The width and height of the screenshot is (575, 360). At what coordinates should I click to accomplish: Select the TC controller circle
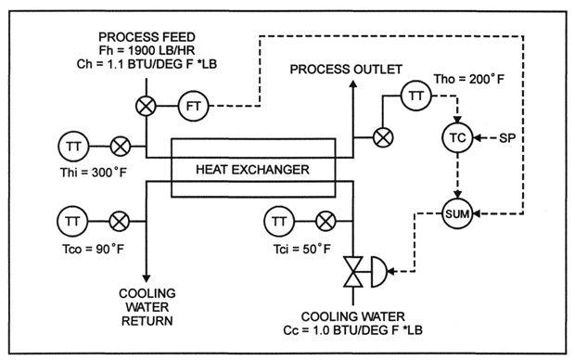tap(455, 137)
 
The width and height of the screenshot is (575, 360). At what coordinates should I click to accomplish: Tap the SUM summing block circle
tap(455, 214)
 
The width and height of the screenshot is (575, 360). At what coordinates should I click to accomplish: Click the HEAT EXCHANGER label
tap(251, 170)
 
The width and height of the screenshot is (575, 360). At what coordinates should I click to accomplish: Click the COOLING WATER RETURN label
tap(147, 308)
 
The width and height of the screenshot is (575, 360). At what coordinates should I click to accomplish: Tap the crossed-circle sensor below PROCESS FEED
tap(146, 105)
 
